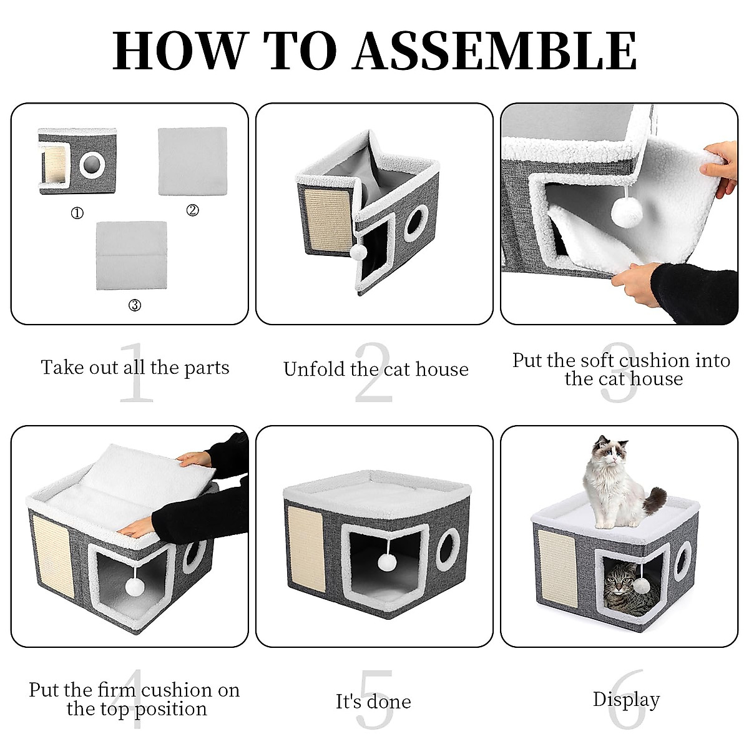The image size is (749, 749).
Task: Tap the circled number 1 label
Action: click(x=77, y=213)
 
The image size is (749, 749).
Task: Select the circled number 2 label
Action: click(x=192, y=210)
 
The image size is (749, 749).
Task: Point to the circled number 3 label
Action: click(x=134, y=305)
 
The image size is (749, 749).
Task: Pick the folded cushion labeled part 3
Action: click(x=132, y=255)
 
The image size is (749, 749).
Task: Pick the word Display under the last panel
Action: click(x=625, y=700)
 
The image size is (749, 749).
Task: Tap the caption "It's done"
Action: click(x=373, y=702)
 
